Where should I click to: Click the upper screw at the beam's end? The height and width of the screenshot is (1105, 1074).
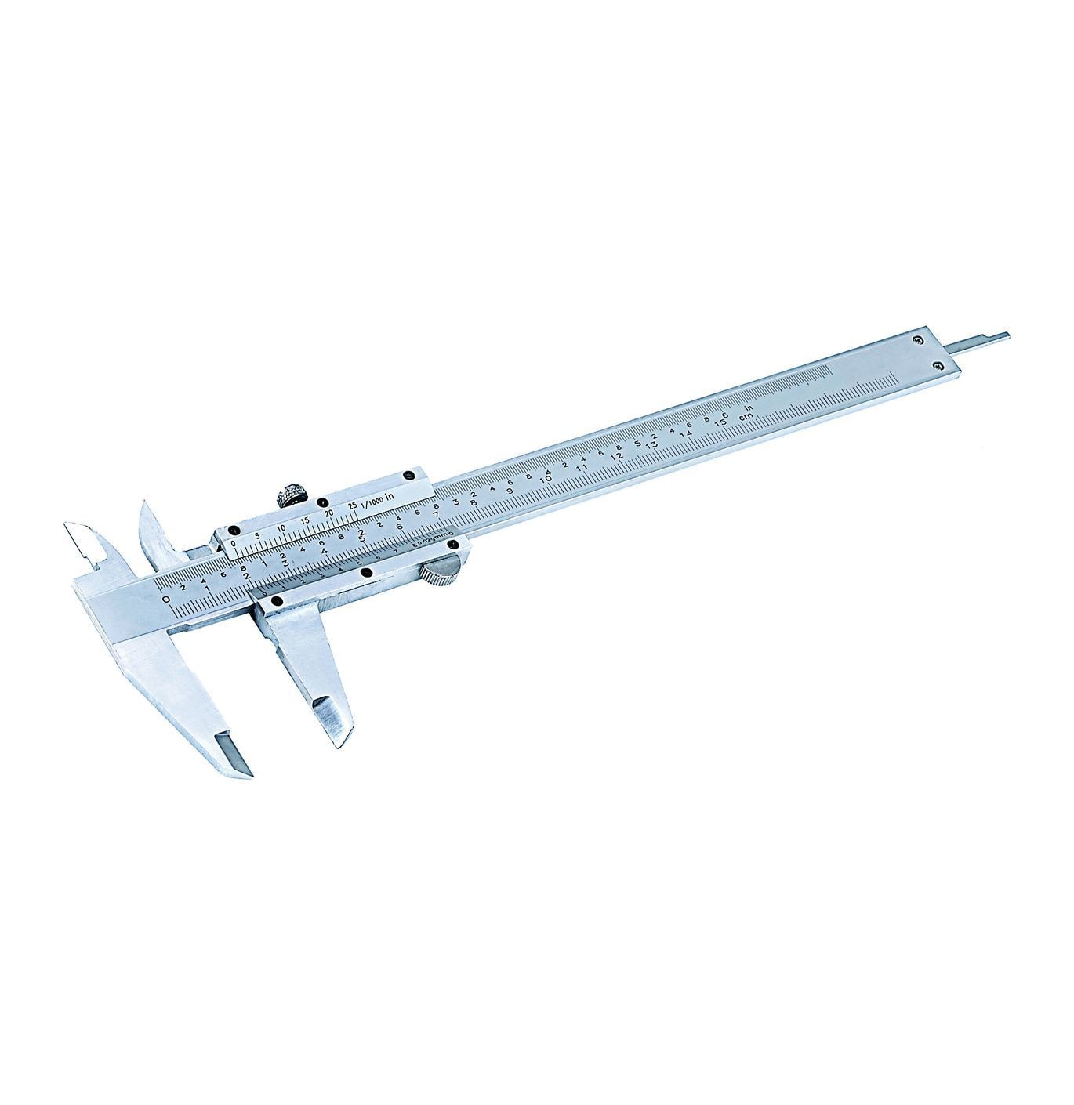tap(918, 339)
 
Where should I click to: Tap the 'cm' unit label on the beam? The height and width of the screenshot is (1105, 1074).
tap(749, 415)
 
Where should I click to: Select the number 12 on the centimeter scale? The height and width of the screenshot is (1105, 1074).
tap(617, 456)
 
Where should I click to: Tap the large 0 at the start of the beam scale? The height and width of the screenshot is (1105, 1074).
tap(165, 600)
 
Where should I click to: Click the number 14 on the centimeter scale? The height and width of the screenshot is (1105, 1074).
tap(687, 435)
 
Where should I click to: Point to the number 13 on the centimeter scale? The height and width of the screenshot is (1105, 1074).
tap(651, 445)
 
